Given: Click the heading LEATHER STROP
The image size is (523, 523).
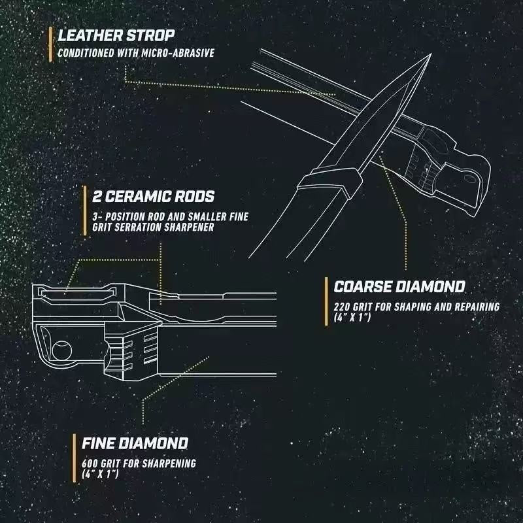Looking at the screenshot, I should (x=116, y=35).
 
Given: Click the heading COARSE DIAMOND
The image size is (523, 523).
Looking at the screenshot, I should (x=399, y=286).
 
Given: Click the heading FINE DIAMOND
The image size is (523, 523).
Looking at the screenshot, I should (x=135, y=443).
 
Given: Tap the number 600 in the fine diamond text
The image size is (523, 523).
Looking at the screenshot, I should (x=90, y=463).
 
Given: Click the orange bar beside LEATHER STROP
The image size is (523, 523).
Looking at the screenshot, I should (x=50, y=44).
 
